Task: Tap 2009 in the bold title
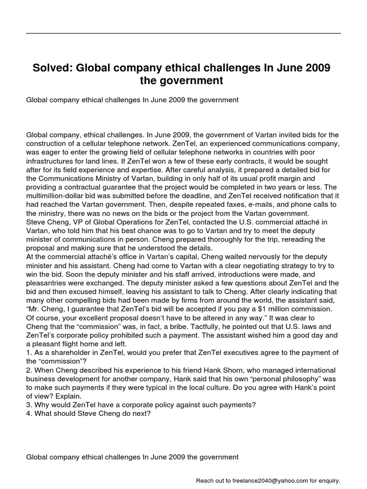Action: point(313,68)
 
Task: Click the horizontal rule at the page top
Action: point(183,33)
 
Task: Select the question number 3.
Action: point(29,405)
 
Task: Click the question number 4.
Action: point(29,414)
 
